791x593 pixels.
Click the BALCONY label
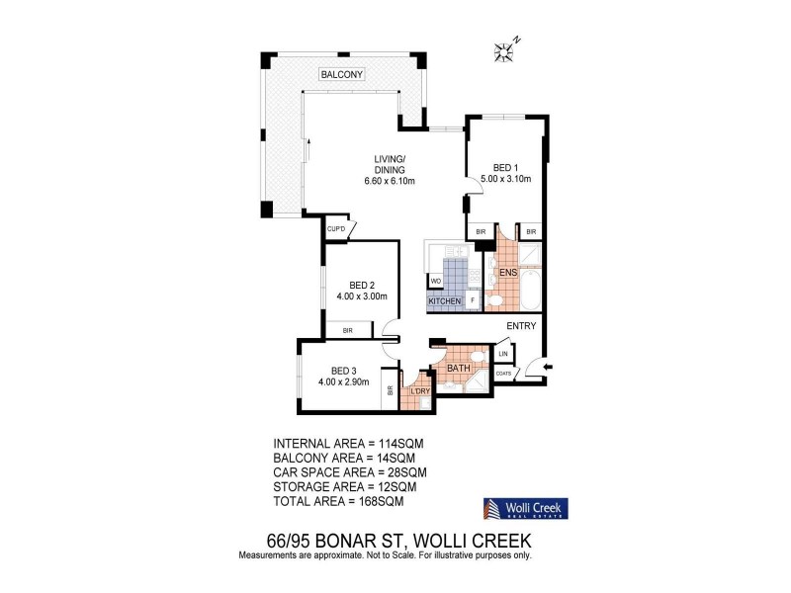(x=342, y=74)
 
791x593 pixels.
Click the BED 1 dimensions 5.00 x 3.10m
(x=506, y=180)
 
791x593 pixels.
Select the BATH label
(x=458, y=369)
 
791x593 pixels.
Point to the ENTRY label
(x=520, y=325)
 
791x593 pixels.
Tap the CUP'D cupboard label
(x=336, y=230)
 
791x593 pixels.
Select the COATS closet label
(x=503, y=374)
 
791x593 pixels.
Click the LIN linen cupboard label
(x=502, y=353)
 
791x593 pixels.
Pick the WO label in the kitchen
(x=435, y=282)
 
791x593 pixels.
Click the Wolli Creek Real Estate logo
(x=524, y=508)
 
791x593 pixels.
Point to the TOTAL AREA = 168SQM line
(x=338, y=502)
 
